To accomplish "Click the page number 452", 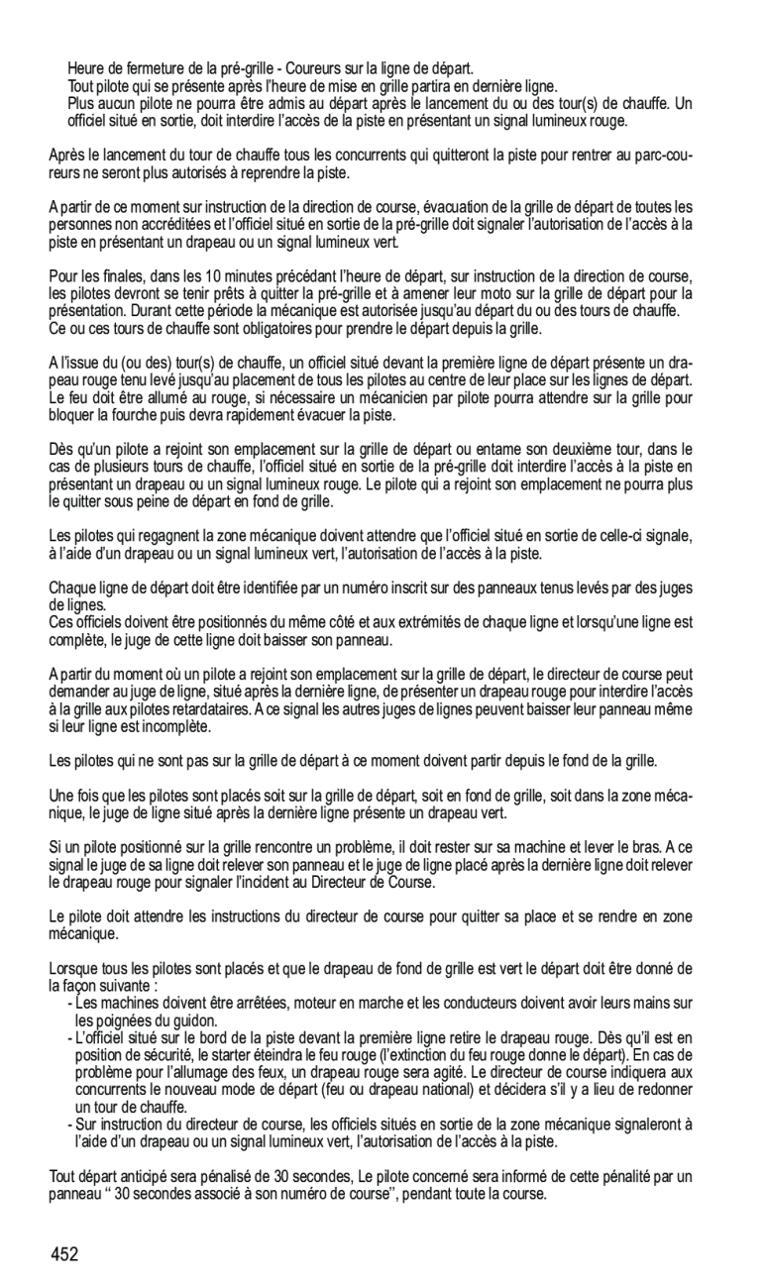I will point(64,1255).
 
